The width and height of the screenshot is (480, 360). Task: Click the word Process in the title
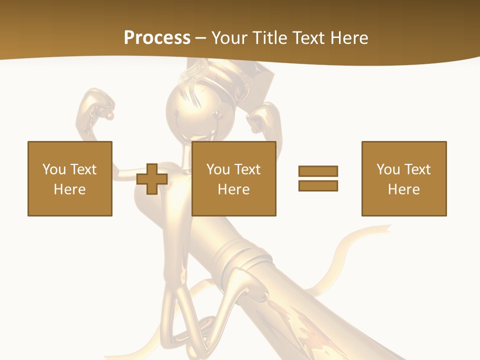click(157, 38)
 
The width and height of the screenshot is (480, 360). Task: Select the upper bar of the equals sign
click(318, 171)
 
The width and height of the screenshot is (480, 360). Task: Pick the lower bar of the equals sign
click(318, 185)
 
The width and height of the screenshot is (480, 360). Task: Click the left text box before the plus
click(70, 178)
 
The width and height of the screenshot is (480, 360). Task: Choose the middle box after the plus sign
click(234, 178)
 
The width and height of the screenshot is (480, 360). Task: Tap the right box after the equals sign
click(404, 178)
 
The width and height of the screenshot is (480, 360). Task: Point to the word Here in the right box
click(404, 189)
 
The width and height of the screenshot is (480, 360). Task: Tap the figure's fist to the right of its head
click(260, 118)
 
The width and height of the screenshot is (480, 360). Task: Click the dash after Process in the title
click(200, 38)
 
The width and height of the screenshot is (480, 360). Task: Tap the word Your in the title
click(230, 38)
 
